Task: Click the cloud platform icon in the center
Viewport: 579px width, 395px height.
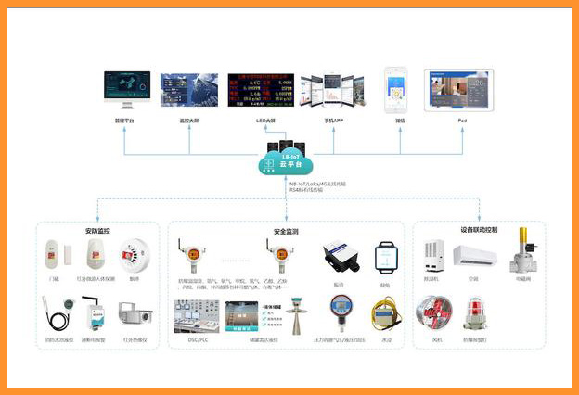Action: (x=287, y=162)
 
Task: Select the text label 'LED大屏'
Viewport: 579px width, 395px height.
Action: (x=266, y=121)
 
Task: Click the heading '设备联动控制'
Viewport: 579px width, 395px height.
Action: (x=479, y=229)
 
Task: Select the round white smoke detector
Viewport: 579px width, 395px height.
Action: (x=134, y=254)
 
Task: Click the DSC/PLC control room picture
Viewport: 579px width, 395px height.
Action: (x=193, y=315)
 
